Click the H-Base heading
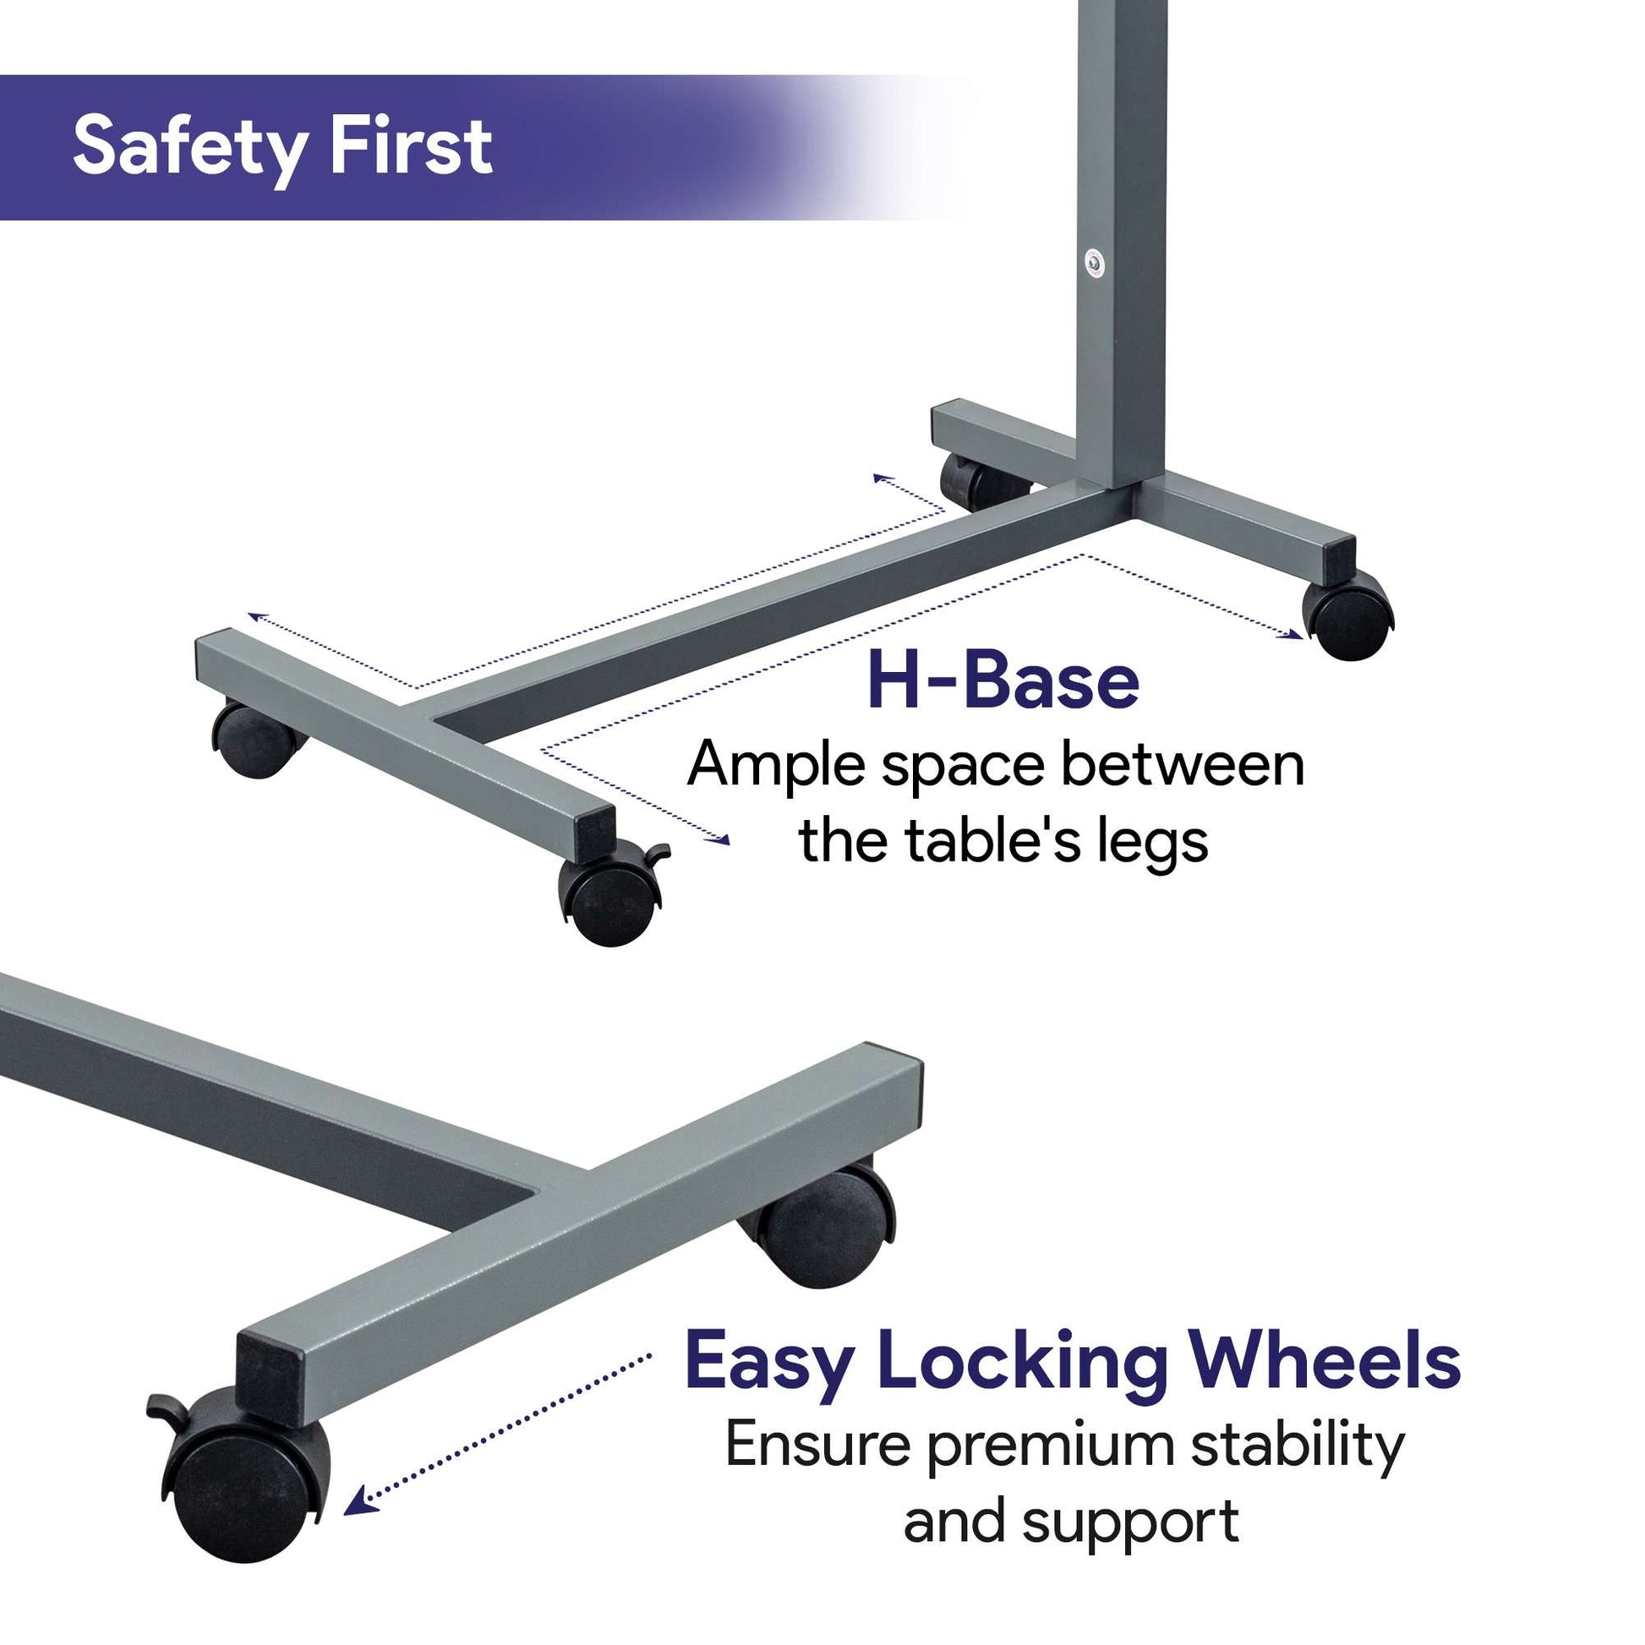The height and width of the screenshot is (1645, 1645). point(1003,681)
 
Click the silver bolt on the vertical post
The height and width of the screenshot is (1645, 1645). point(1094,262)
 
